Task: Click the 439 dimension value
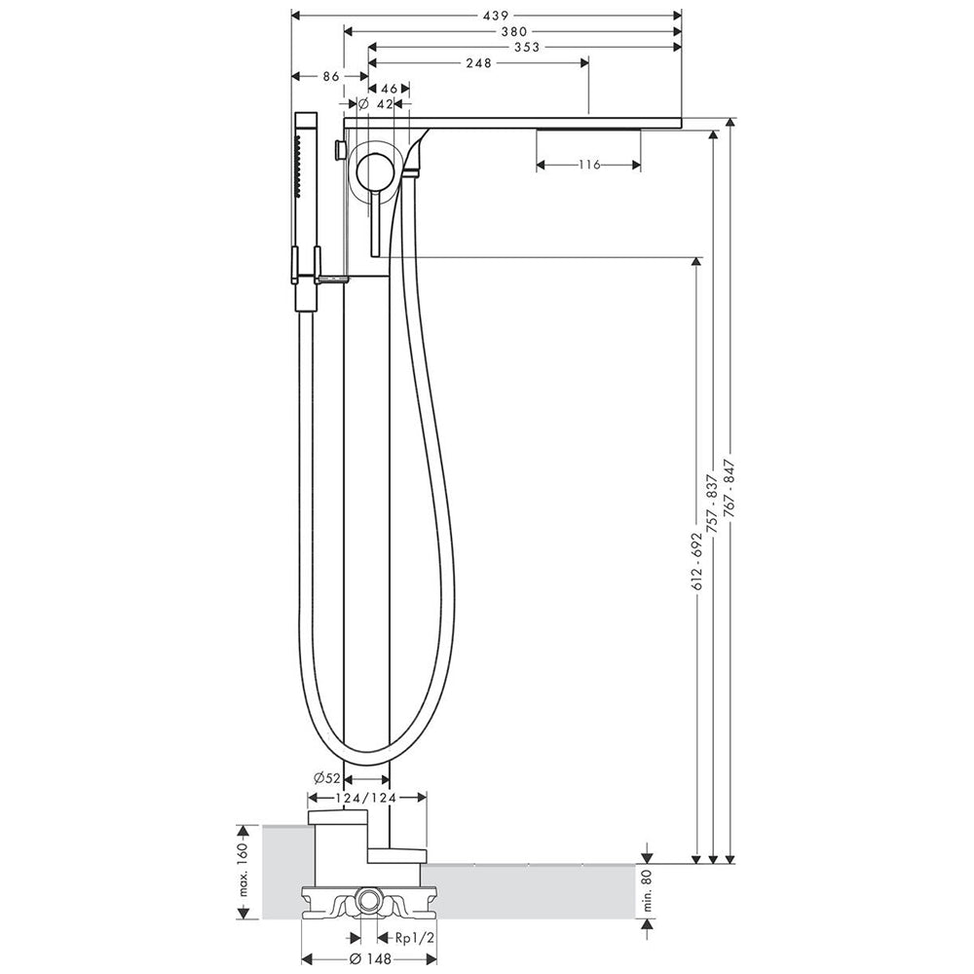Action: (x=496, y=16)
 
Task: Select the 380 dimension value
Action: (x=514, y=32)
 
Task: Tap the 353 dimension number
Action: (x=527, y=47)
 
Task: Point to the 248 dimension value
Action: (x=478, y=62)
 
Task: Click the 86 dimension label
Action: (x=331, y=76)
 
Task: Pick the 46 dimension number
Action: (x=389, y=89)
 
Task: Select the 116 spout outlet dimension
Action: (x=589, y=165)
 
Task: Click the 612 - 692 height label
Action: (x=697, y=561)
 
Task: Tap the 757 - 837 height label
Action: (x=713, y=504)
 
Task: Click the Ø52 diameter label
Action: (x=327, y=777)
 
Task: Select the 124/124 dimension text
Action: (x=367, y=798)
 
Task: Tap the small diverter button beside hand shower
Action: (x=340, y=150)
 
